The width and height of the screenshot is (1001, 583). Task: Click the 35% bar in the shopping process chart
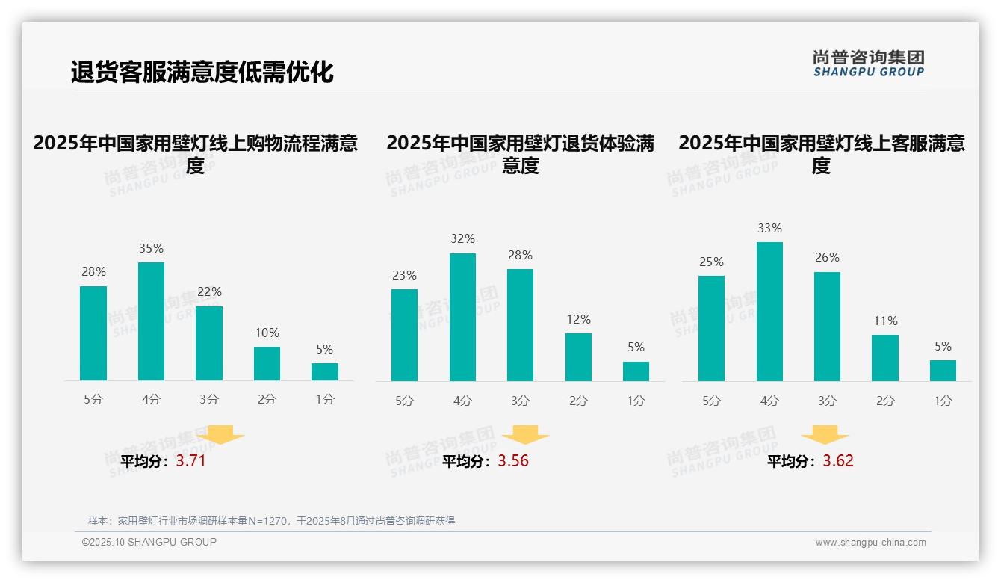coord(151,321)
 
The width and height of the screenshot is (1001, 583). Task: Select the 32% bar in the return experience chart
coord(462,317)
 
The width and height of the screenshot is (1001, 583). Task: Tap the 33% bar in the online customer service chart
coord(769,312)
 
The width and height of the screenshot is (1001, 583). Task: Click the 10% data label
coord(267,333)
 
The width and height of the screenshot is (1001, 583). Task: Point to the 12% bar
coord(578,357)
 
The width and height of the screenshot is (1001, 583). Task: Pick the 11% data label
coord(885,321)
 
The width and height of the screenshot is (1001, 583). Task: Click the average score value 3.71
coord(190,461)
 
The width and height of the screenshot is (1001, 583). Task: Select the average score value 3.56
coord(513,461)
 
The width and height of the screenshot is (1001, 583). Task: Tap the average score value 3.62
coord(838,461)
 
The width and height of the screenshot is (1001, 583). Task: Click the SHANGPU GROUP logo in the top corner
coord(868,63)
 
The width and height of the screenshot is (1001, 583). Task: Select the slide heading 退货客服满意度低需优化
coord(202,72)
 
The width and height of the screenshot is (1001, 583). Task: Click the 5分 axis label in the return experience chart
coord(404,401)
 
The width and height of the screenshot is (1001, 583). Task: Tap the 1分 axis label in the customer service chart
coord(943,401)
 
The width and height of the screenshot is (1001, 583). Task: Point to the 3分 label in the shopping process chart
coord(209,399)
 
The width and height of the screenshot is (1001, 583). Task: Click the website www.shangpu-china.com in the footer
coord(870,543)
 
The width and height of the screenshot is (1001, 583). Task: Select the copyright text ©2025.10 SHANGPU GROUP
coord(149,542)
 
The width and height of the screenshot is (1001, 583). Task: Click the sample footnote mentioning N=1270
coord(271,521)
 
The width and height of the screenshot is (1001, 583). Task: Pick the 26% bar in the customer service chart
coord(827,327)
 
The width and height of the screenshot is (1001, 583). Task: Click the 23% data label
coord(404,275)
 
